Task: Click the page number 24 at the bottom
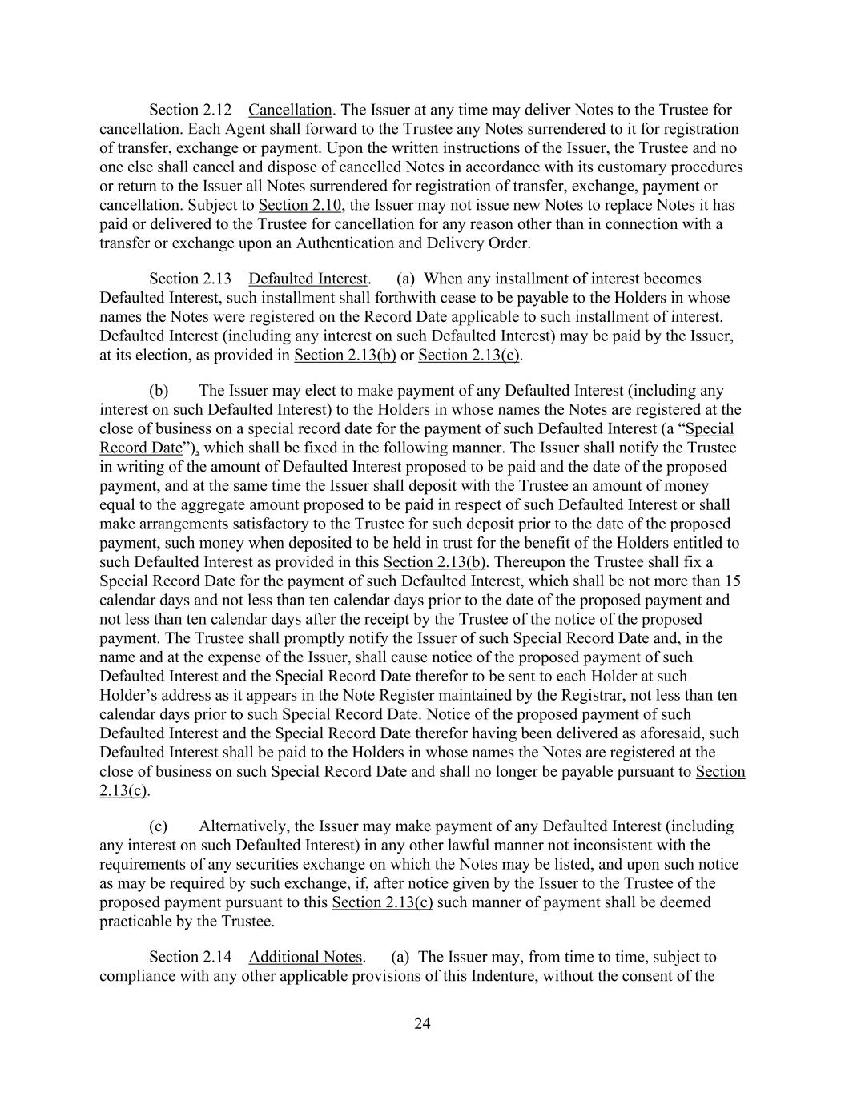[422, 1023]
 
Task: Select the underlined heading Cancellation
[290, 110]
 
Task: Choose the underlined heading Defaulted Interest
[308, 279]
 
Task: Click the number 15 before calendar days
[732, 581]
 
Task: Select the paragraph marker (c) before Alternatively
[159, 826]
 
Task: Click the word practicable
[137, 922]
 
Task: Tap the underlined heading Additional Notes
[306, 957]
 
